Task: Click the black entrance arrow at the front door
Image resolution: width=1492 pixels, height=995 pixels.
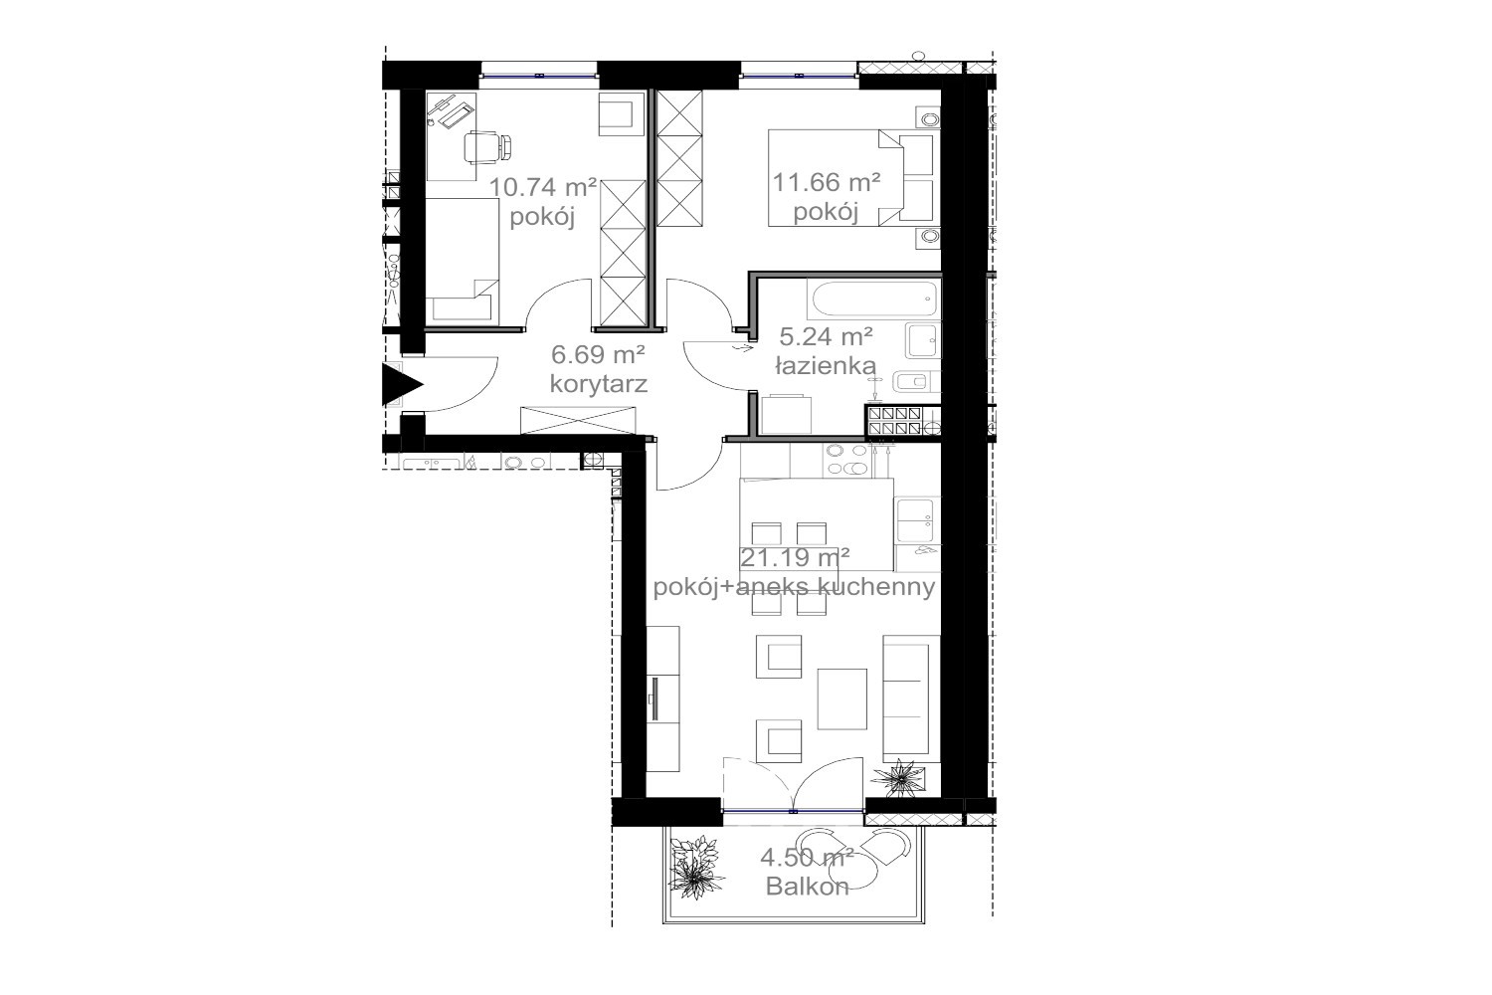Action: coord(400,384)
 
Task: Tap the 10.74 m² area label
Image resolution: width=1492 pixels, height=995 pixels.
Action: coord(543,187)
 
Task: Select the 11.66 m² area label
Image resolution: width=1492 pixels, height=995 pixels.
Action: coord(827,181)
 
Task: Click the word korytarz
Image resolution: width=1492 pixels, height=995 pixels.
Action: coord(599,384)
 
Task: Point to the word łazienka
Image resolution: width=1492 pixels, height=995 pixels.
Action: coord(826,366)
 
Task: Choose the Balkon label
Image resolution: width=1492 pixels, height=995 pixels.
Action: coord(808,887)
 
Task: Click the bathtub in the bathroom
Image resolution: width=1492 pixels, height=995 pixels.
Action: coord(873,298)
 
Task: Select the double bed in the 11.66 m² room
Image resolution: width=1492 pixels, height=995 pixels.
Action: coord(851,177)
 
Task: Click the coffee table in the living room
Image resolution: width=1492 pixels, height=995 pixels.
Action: coord(842,699)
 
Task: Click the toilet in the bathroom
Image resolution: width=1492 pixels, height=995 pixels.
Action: coord(916,382)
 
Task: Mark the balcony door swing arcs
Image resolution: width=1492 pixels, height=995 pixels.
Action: coord(794,784)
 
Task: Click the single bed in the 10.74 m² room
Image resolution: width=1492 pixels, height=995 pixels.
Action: coord(463,262)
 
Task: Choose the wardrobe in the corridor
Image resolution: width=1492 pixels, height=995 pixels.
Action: coord(578,420)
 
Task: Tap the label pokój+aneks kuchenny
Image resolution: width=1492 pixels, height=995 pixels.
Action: coord(794,587)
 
